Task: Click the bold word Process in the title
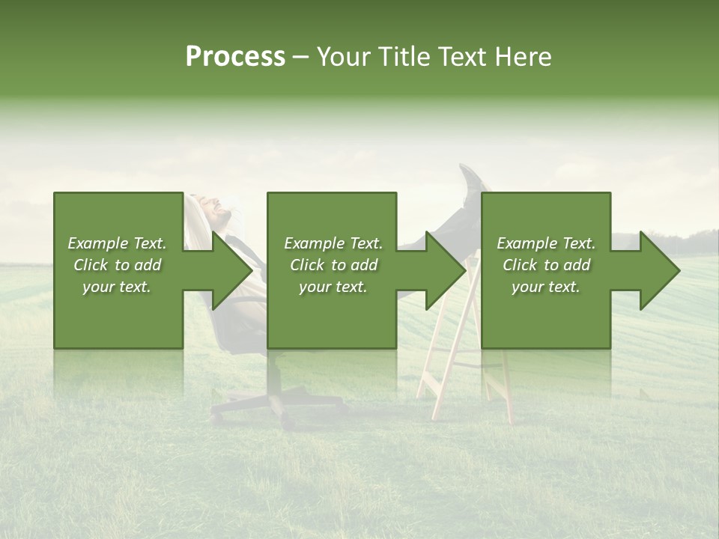(235, 57)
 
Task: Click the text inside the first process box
(117, 265)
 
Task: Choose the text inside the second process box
(333, 265)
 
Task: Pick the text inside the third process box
(546, 265)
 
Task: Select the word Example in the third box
(526, 243)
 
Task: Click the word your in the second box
(315, 287)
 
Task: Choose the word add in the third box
(576, 265)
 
